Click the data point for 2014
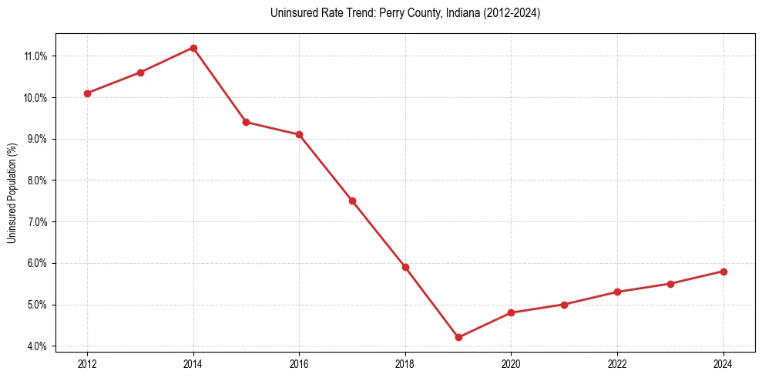pos(193,48)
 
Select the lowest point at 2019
pos(458,337)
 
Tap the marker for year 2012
pos(87,93)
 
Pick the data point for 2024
pos(723,272)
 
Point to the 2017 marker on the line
pos(352,201)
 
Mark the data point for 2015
pos(246,122)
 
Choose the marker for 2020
pos(512,312)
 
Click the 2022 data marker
pos(618,292)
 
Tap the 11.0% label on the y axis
pos(36,56)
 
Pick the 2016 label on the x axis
pos(299,364)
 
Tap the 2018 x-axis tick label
pos(405,364)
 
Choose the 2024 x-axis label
pos(723,364)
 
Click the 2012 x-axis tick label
pos(87,364)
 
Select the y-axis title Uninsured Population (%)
pos(12,193)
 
